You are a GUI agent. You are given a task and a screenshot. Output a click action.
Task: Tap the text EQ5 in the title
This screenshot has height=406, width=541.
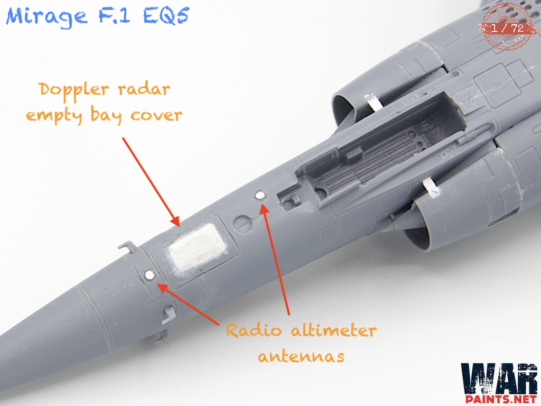coord(166,16)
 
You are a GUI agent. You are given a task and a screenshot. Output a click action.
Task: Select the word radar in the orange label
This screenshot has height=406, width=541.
coord(144,89)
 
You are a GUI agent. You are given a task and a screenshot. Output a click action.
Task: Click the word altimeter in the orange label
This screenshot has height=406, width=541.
coord(333,330)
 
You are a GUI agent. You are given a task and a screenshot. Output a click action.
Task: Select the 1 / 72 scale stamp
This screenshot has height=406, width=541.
coord(507,27)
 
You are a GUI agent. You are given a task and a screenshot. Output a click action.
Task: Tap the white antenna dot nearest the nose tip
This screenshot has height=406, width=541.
coord(150,275)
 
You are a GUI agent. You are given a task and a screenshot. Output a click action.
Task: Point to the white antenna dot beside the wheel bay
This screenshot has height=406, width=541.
coord(259,196)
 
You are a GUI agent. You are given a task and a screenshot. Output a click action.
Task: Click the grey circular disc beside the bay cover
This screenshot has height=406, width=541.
coord(241,223)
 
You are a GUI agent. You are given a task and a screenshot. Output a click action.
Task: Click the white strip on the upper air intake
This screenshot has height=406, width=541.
coord(374,102)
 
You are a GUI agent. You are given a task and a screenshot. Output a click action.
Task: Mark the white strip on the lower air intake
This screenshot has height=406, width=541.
coord(431,188)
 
